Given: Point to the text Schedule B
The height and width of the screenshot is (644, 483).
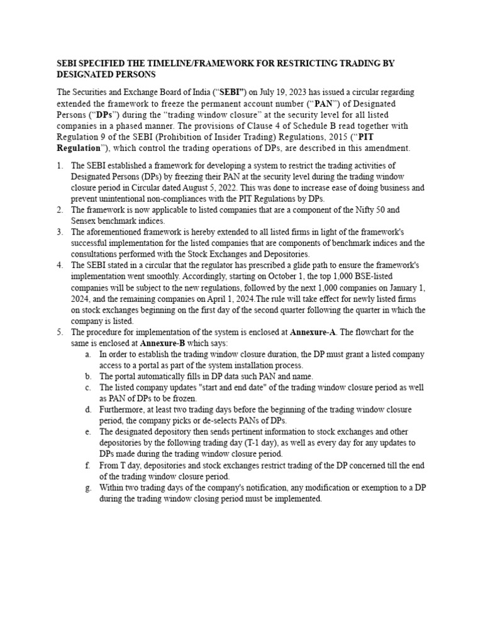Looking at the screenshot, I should pyautogui.click(x=334, y=125).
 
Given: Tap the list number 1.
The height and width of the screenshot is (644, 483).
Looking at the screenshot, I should pyautogui.click(x=58, y=166).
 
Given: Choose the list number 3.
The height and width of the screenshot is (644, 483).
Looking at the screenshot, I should pyautogui.click(x=58, y=232).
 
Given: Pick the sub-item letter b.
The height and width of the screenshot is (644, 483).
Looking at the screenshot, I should pyautogui.click(x=87, y=376).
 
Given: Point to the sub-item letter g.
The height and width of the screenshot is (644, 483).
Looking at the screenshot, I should pyautogui.click(x=87, y=487).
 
